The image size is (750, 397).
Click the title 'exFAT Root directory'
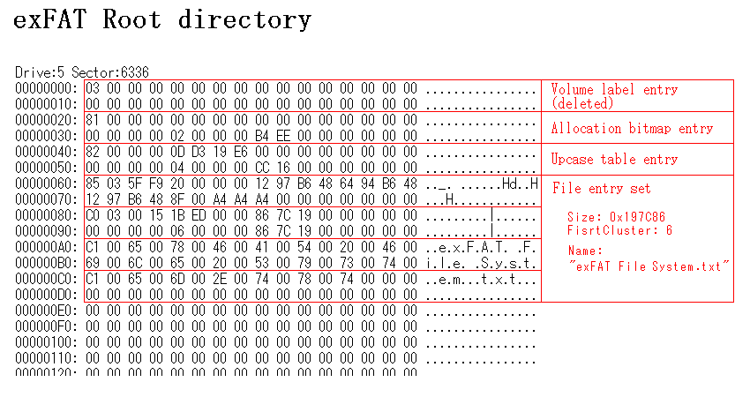click(162, 20)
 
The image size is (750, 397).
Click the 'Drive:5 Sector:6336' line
click(82, 71)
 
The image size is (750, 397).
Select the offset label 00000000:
click(47, 89)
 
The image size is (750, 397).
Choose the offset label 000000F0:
click(47, 326)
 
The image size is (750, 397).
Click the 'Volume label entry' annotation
click(614, 89)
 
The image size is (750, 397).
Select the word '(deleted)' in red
click(581, 102)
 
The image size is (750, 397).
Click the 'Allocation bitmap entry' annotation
click(632, 129)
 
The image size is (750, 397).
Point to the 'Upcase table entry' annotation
click(614, 160)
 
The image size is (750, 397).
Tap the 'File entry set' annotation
click(602, 189)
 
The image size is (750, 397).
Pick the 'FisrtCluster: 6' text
click(619, 229)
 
